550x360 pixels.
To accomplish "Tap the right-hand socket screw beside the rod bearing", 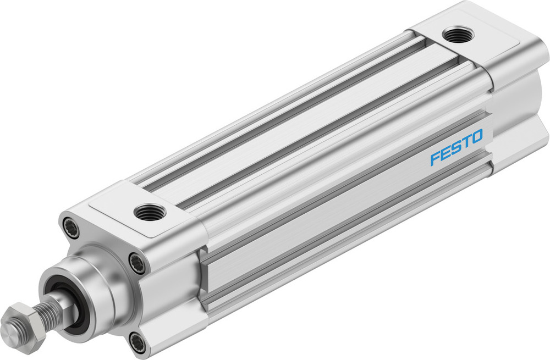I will point(137,262).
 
